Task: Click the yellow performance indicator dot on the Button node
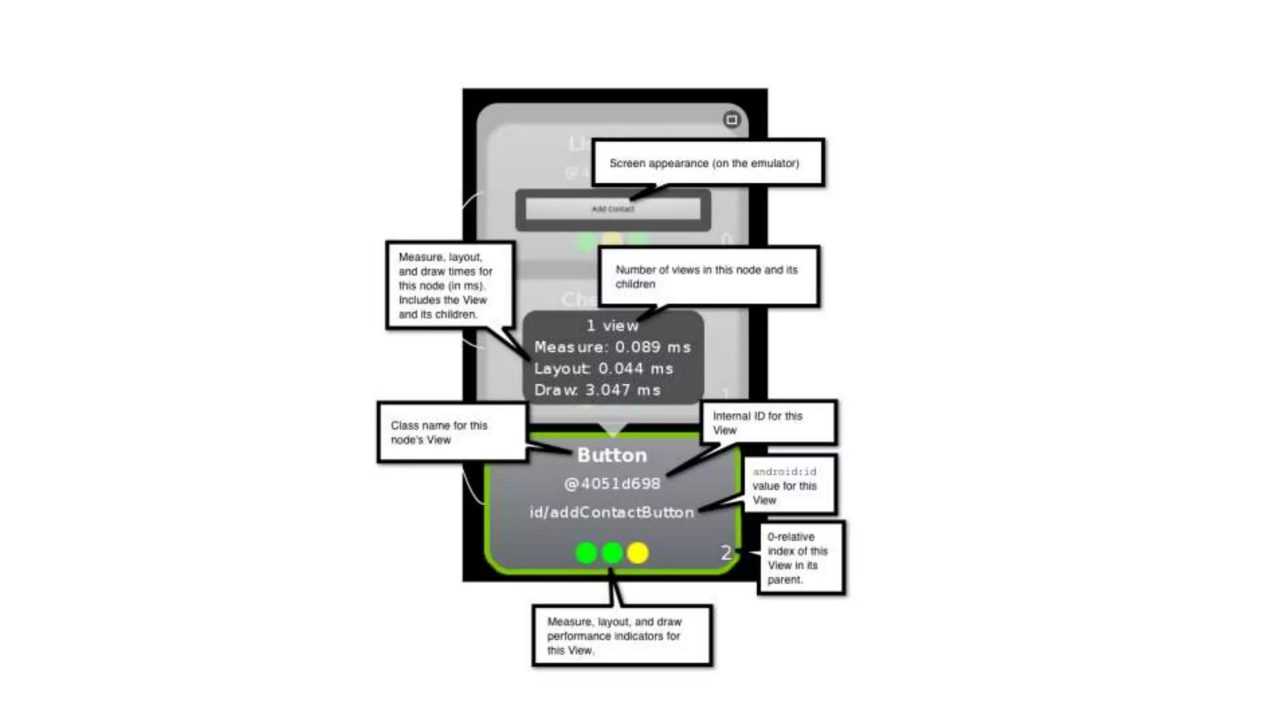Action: [x=638, y=553]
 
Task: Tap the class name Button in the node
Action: [x=612, y=455]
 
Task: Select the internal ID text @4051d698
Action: [x=612, y=484]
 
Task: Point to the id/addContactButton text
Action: [x=612, y=513]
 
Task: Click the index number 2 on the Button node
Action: [x=725, y=552]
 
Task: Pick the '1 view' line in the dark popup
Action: [x=613, y=326]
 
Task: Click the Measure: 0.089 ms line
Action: [x=613, y=347]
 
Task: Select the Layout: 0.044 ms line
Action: [x=603, y=369]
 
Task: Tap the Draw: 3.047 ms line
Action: [x=597, y=390]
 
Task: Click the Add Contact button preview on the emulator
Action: [x=613, y=209]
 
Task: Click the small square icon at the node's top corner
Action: [x=732, y=120]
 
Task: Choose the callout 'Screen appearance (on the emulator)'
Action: [x=707, y=163]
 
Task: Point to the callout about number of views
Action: [x=708, y=276]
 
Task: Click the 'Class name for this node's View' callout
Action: [x=451, y=432]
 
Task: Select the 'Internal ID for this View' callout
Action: [x=768, y=422]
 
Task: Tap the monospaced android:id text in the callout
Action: [x=784, y=471]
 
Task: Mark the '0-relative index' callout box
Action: [x=800, y=558]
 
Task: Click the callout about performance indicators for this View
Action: [x=621, y=636]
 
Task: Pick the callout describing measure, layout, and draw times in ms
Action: [x=450, y=285]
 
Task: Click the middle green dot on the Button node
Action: [x=612, y=553]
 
